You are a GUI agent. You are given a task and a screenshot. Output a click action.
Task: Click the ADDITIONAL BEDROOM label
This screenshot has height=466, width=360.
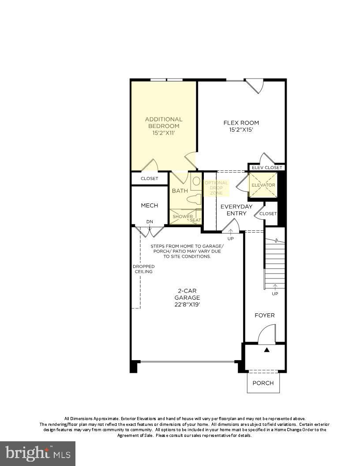click(x=164, y=123)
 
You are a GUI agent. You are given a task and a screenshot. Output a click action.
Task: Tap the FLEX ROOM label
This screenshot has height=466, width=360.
click(x=241, y=123)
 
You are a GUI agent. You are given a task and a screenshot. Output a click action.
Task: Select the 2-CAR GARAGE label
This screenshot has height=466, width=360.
click(x=189, y=294)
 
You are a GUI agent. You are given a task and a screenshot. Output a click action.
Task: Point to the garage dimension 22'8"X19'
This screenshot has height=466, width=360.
click(x=189, y=304)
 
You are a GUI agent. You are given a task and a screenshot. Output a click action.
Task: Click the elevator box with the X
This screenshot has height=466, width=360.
click(x=263, y=185)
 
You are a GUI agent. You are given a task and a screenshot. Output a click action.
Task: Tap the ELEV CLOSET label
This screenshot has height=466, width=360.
click(x=267, y=168)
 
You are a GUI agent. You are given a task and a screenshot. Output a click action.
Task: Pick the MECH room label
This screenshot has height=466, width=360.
click(x=149, y=206)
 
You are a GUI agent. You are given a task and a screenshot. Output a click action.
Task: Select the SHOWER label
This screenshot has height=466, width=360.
click(x=182, y=217)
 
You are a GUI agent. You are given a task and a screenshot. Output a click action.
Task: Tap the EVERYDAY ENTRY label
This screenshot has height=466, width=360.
click(x=236, y=210)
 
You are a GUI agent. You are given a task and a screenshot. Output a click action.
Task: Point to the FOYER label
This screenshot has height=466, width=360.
click(x=265, y=315)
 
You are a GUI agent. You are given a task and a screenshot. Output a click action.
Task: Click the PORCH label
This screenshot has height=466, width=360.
click(x=263, y=383)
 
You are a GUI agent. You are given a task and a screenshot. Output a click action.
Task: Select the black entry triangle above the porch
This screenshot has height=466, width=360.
click(x=266, y=350)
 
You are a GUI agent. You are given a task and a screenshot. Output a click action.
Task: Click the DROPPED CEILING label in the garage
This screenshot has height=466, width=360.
click(x=142, y=269)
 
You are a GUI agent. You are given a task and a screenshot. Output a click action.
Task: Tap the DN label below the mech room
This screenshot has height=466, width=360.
click(x=150, y=222)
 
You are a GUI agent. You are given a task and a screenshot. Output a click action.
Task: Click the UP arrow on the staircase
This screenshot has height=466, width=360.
click(x=275, y=287)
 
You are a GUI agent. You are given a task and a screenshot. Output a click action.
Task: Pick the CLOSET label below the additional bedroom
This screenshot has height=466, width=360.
click(x=149, y=179)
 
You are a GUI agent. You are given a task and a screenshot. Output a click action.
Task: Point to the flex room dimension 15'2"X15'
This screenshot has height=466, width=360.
click(x=241, y=130)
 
